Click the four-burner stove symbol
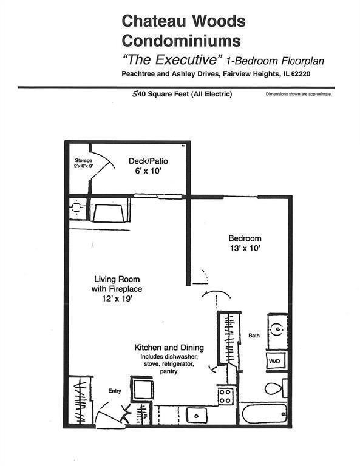pyautogui.click(x=225, y=396)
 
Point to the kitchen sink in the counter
pyautogui.click(x=197, y=415)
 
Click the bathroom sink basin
pyautogui.click(x=276, y=329)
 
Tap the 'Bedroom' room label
pyautogui.click(x=245, y=238)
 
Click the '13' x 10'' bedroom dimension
pyautogui.click(x=245, y=248)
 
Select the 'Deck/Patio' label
pyautogui.click(x=148, y=161)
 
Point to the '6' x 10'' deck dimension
pyautogui.click(x=148, y=171)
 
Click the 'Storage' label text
pyautogui.click(x=83, y=160)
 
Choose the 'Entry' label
pyautogui.click(x=115, y=391)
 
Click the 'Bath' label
pyautogui.click(x=254, y=336)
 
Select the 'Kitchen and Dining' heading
pyautogui.click(x=168, y=348)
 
